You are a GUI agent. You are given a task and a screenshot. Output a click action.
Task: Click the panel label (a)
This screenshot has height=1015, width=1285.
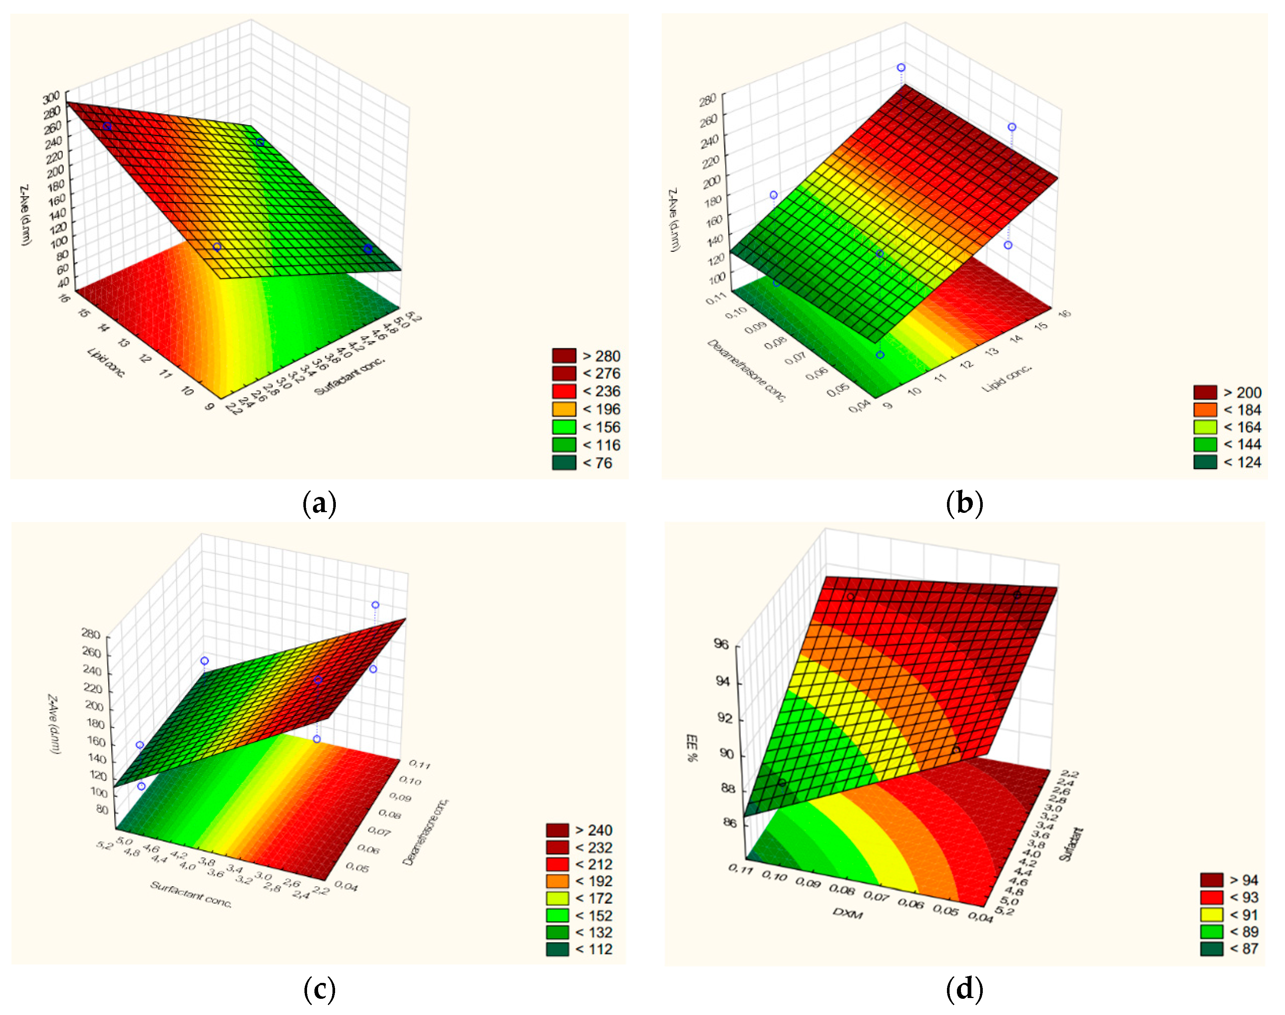click(320, 504)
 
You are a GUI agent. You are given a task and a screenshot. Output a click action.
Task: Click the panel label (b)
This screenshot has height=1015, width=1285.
click(964, 504)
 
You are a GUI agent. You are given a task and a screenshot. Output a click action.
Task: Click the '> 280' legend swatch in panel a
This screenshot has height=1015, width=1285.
click(564, 356)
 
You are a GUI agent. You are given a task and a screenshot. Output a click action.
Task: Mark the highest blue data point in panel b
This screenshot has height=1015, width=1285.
click(901, 68)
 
